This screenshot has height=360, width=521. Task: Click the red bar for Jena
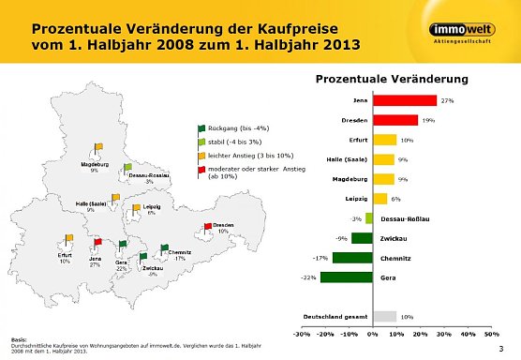(x=405, y=100)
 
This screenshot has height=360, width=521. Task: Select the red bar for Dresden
(x=395, y=120)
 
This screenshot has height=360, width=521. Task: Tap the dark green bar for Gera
(x=347, y=277)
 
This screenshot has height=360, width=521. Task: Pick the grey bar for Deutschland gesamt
(x=384, y=316)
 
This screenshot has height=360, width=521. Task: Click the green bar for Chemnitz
(x=352, y=257)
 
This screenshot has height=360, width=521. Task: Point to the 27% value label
(x=447, y=100)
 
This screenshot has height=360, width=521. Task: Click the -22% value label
(x=307, y=277)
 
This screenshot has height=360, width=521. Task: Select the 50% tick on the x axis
(x=492, y=333)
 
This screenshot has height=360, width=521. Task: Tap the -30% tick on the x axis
(x=302, y=333)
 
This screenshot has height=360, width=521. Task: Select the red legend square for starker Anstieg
(x=201, y=169)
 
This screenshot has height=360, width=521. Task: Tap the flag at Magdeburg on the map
(x=97, y=148)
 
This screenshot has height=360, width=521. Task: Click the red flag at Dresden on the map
(x=208, y=227)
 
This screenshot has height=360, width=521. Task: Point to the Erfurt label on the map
(x=65, y=254)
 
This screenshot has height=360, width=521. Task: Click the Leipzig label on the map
(x=151, y=206)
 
